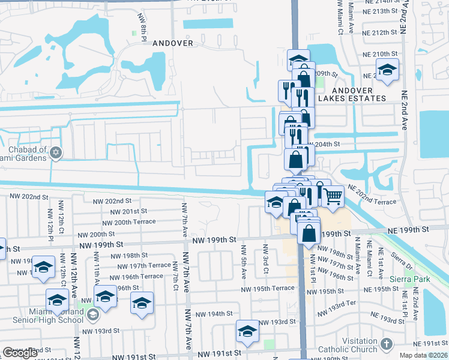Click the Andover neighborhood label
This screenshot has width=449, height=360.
(x=173, y=43)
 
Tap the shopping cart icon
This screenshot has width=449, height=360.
(x=332, y=195)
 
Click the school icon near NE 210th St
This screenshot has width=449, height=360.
(x=388, y=71)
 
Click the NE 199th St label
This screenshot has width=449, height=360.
(x=408, y=230)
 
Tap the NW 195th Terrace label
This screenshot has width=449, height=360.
(x=267, y=289)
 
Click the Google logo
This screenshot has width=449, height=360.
(x=20, y=353)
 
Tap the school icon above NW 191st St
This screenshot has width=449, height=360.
(x=247, y=331)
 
